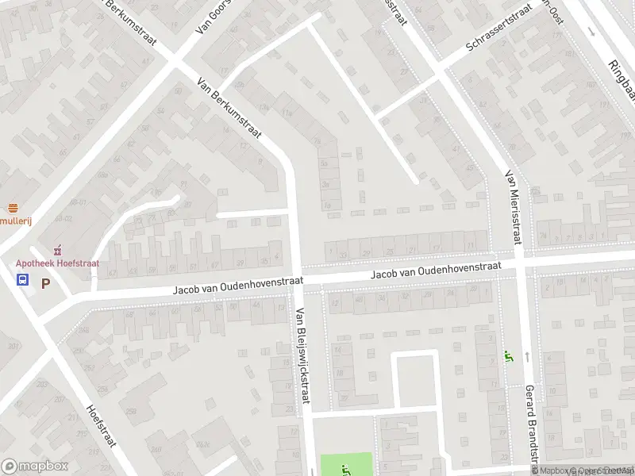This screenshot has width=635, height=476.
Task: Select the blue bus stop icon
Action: [x=22, y=279]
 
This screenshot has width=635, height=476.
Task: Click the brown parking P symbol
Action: [x=45, y=282]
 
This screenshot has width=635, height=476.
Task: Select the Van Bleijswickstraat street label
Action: [x=301, y=355]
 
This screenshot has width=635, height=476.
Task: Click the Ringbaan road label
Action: [x=620, y=77]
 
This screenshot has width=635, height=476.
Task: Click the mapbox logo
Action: [x=34, y=466]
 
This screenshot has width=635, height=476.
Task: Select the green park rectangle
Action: [x=346, y=464]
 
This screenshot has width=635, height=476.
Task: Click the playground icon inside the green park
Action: [x=344, y=468]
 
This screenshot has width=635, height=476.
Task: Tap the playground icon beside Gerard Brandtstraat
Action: [x=509, y=357]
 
